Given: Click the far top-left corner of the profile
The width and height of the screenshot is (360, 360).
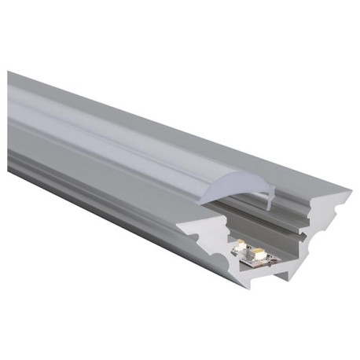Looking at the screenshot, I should pyautogui.click(x=9, y=72).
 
